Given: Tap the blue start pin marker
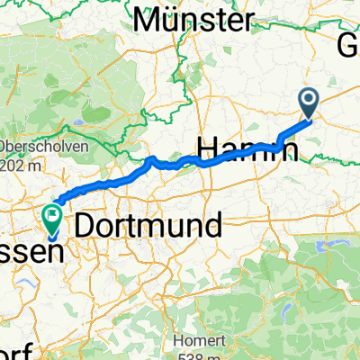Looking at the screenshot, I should tap(309, 103).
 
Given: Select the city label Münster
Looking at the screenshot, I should tap(192, 19).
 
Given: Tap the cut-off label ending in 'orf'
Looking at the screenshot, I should tap(13, 350).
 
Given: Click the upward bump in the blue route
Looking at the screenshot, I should tap(151, 161).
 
